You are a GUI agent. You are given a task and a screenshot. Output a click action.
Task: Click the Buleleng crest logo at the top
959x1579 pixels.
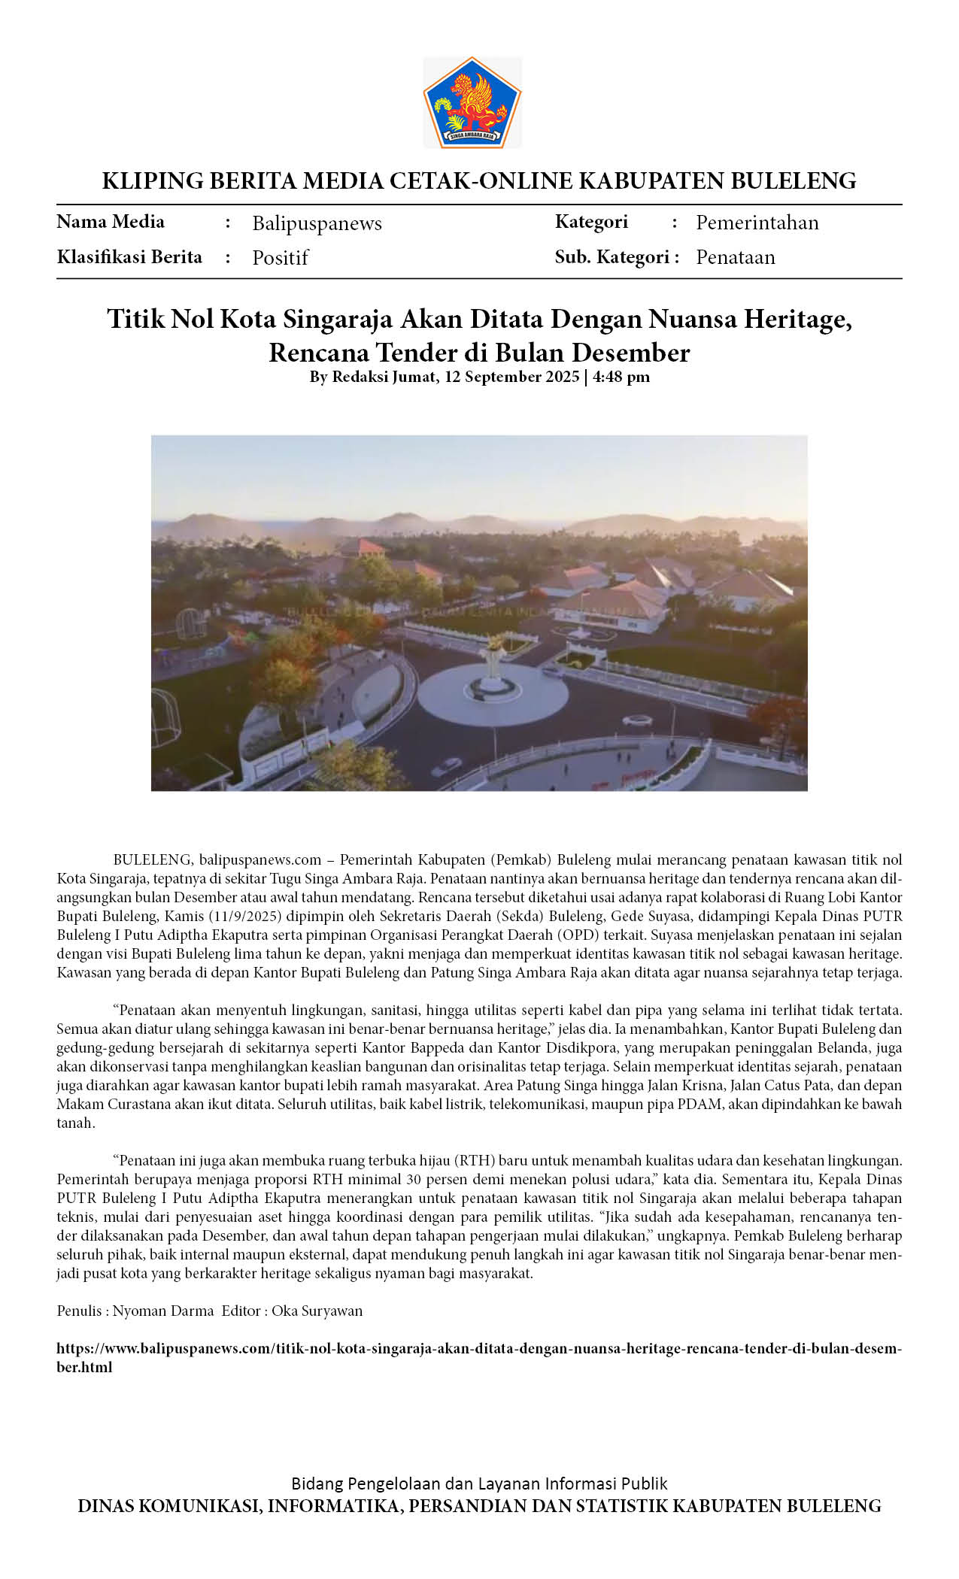472,102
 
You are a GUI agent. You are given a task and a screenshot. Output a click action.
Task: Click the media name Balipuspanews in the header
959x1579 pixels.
317,223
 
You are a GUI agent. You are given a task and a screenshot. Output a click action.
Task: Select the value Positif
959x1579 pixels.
280,258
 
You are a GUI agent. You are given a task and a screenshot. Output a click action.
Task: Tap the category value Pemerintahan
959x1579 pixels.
757,223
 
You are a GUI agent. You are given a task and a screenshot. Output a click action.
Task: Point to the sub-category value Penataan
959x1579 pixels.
735,257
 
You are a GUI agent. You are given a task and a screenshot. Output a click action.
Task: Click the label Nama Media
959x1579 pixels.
111,222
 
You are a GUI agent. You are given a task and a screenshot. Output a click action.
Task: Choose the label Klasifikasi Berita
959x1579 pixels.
129,257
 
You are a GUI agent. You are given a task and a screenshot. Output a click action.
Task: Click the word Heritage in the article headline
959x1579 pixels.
797,320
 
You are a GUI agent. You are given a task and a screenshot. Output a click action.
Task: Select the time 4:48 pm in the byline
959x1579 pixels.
621,377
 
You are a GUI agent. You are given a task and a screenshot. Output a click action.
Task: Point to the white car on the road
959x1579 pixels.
447,767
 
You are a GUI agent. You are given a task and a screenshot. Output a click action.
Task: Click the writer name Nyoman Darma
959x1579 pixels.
163,1311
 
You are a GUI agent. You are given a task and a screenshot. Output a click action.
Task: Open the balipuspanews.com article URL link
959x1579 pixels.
478,1349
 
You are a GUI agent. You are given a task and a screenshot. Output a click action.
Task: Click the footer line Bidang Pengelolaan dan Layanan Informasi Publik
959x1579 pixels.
479,1484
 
